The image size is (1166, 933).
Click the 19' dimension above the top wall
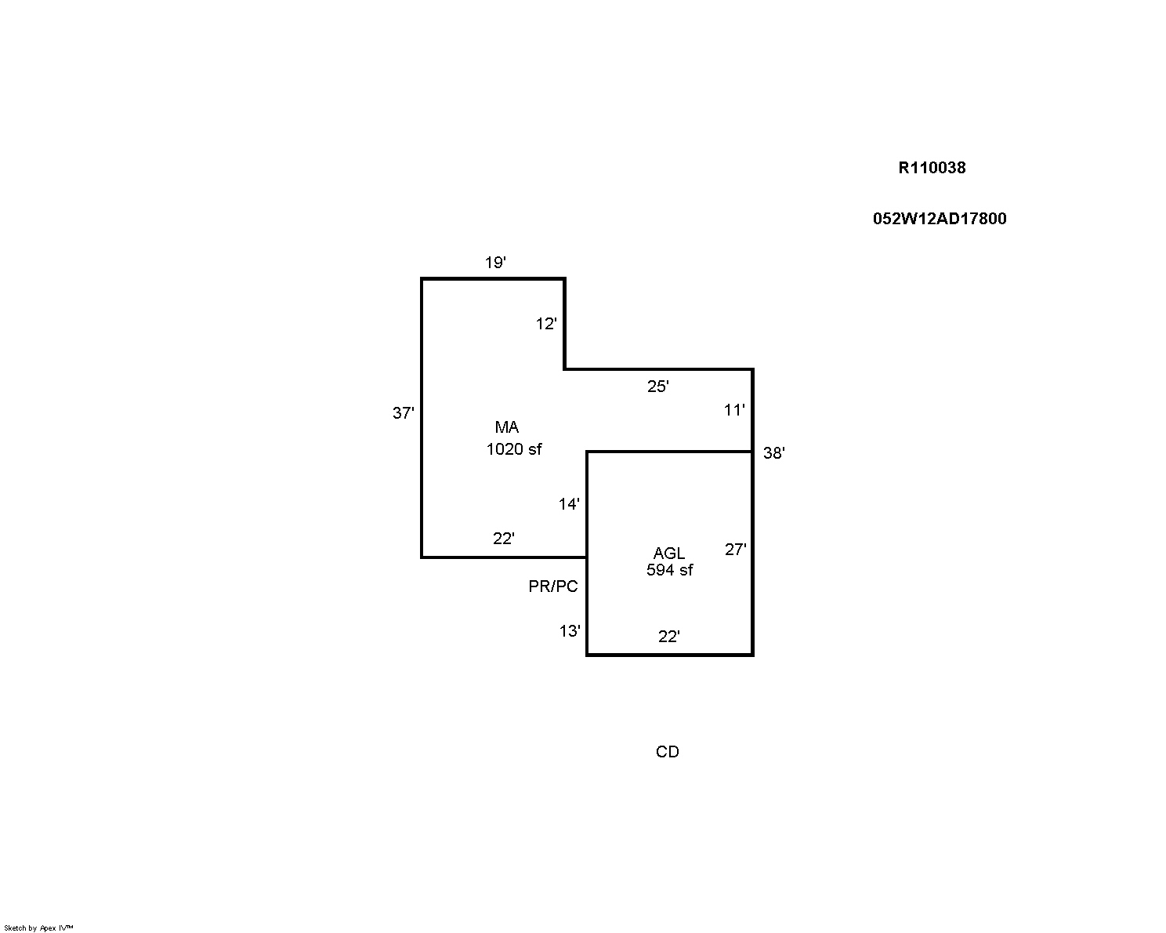point(495,263)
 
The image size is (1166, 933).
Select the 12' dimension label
point(546,324)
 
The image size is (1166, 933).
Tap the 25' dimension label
point(657,386)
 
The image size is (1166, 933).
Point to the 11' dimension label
point(734,410)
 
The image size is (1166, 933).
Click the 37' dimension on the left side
point(403,412)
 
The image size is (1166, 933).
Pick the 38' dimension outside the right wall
point(773,452)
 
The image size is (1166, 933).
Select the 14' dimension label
point(569,503)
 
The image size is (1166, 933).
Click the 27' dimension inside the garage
point(735,549)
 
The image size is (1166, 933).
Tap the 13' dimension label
point(570,630)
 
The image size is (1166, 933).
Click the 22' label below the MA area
point(503,539)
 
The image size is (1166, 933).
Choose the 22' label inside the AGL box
point(668,636)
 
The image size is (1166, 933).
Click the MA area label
point(507,427)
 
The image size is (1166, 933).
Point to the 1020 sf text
point(513,449)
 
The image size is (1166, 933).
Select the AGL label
point(668,553)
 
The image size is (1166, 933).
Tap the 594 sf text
point(669,570)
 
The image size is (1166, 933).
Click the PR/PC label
point(552,586)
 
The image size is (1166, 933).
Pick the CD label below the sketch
point(667,751)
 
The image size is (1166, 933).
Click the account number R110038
point(932,168)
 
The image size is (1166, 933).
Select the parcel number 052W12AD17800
point(940,219)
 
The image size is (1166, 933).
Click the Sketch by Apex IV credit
point(38,928)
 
